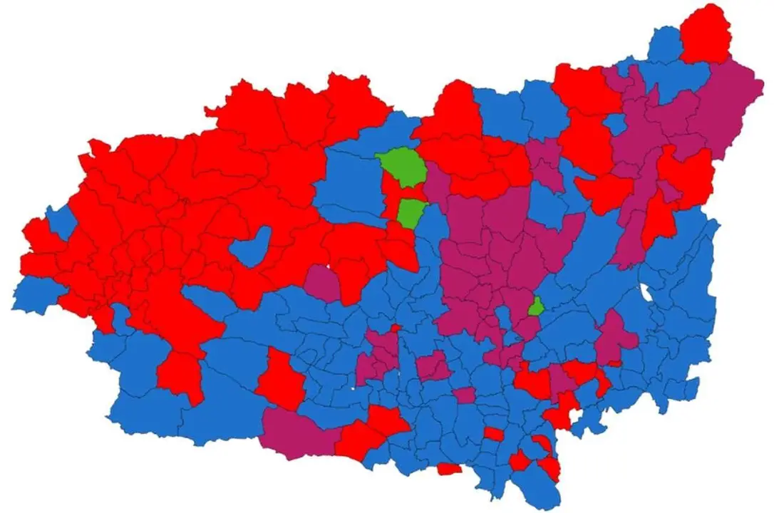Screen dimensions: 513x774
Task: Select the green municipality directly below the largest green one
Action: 410,213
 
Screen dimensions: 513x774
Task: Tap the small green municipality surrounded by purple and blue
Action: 535,307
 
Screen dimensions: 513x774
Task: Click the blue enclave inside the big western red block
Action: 252,246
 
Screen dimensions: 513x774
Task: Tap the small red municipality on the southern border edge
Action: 449,468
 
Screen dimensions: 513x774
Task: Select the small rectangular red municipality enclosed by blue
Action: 493,433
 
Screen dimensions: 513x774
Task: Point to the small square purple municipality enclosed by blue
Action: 464,395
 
